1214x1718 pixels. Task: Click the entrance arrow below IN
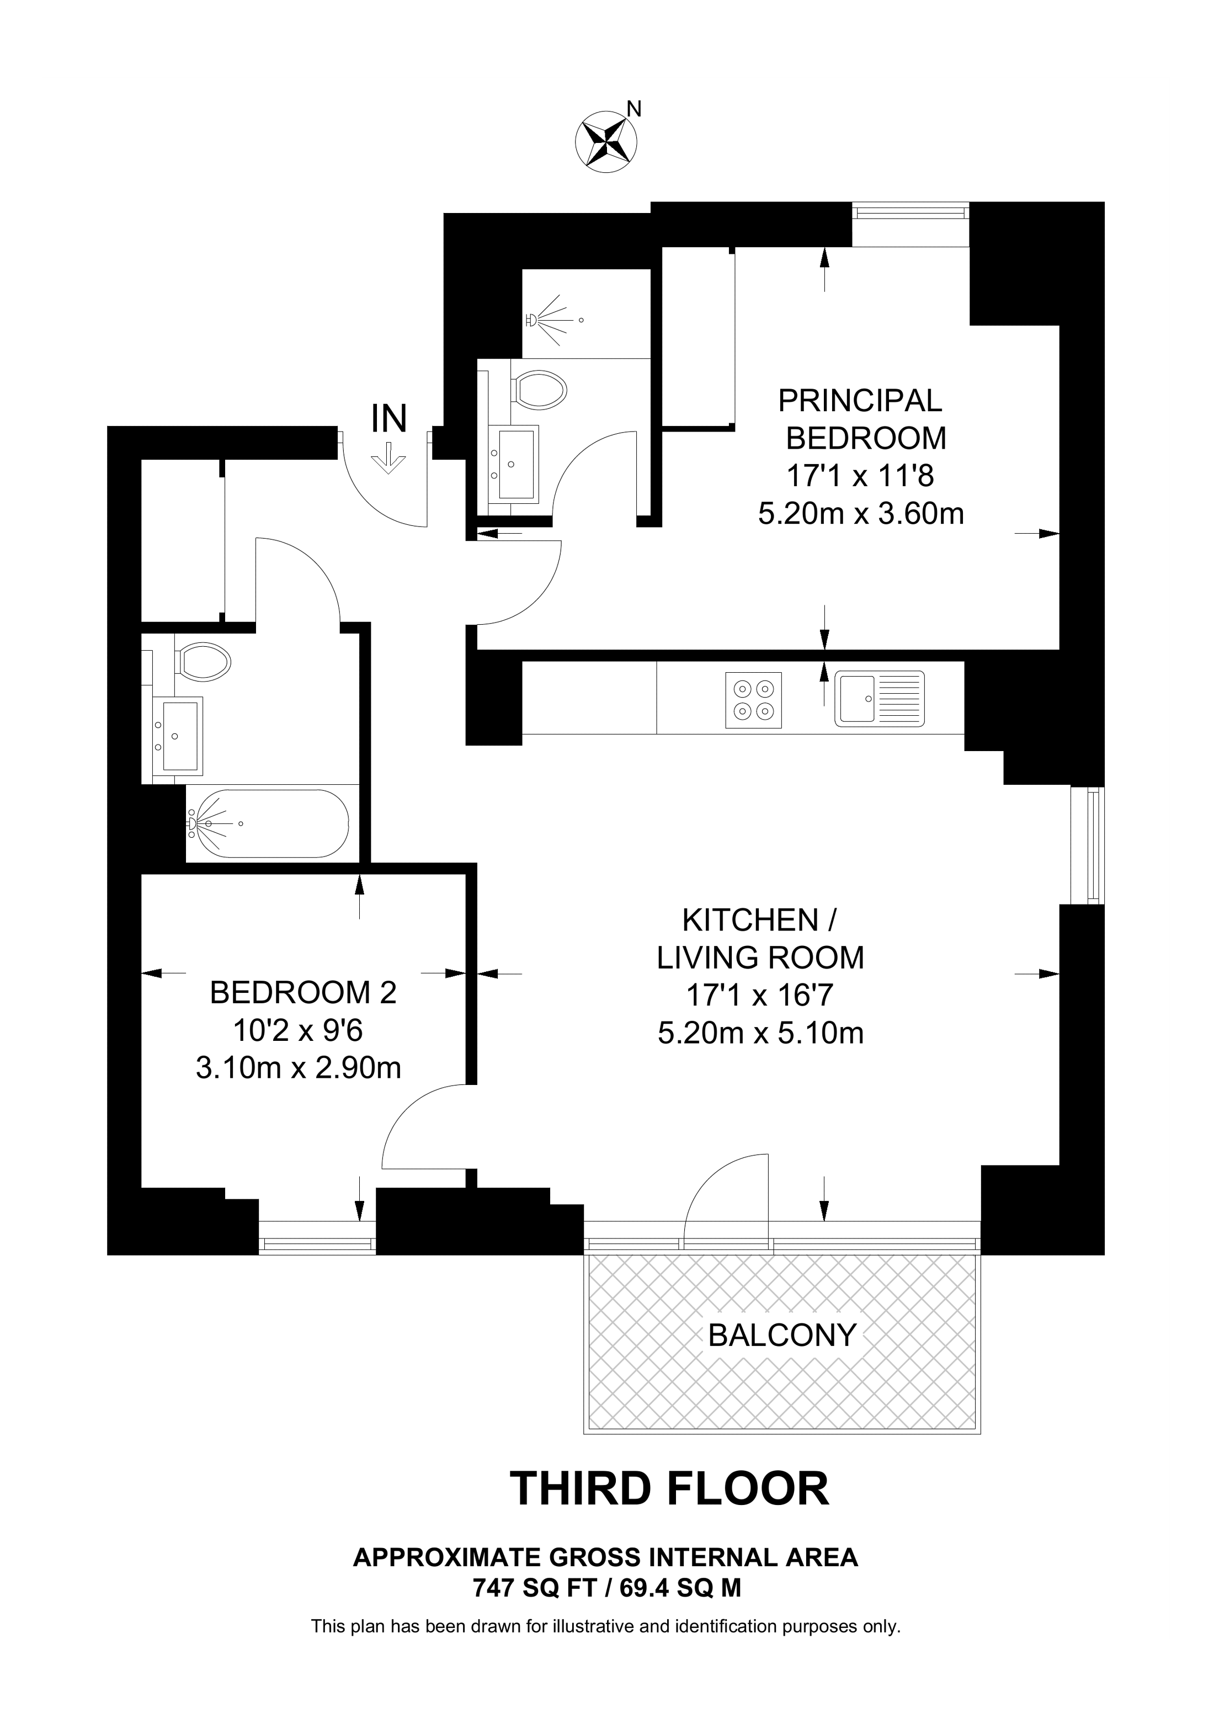(x=389, y=458)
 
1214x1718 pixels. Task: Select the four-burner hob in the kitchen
(x=753, y=700)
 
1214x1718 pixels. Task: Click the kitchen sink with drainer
(x=880, y=699)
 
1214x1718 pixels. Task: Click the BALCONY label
(x=782, y=1335)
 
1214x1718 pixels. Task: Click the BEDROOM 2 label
(x=302, y=992)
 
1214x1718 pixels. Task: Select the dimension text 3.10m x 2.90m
(x=299, y=1068)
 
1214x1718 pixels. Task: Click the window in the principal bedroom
(x=910, y=213)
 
